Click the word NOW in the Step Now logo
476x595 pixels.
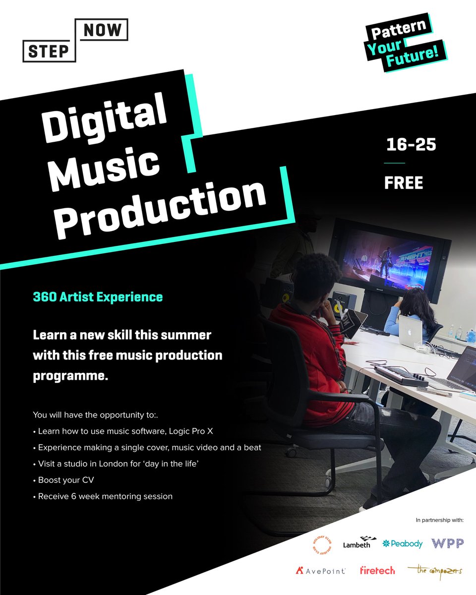(x=103, y=31)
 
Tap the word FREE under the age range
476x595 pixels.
(x=404, y=183)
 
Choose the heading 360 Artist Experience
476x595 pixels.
(x=98, y=297)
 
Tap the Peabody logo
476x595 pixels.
(x=402, y=543)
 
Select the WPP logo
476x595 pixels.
(x=447, y=543)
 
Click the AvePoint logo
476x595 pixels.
(x=320, y=571)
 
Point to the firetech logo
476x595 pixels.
(x=377, y=571)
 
